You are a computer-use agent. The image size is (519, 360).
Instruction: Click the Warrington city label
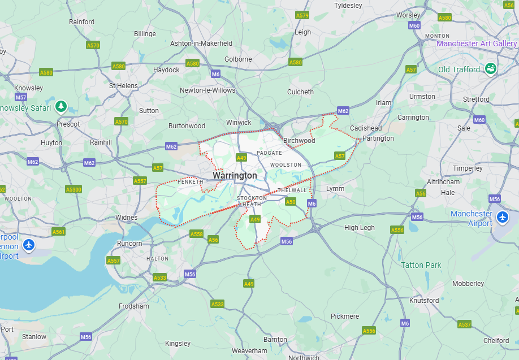point(235,176)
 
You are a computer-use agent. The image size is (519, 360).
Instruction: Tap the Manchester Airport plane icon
point(502,218)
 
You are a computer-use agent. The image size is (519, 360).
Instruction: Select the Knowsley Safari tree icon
point(61,106)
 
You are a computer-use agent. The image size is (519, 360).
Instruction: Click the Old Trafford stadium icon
point(491,69)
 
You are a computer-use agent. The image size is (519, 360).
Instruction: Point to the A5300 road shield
point(73,189)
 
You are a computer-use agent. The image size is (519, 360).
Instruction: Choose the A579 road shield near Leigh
point(302,15)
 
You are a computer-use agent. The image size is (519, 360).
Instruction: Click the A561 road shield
point(58,232)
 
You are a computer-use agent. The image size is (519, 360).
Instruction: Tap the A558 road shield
point(196,234)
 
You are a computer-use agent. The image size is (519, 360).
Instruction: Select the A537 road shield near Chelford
point(464,324)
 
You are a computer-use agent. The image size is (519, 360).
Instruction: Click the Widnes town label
point(126,218)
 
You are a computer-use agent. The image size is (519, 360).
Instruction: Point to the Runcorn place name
point(129,244)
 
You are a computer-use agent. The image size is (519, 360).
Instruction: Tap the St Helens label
point(123,86)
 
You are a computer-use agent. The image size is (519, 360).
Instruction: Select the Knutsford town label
point(423,301)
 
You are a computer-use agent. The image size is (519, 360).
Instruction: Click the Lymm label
point(335,189)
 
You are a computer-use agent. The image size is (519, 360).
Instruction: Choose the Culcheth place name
point(300,92)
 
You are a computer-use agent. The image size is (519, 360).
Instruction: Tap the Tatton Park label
point(421,265)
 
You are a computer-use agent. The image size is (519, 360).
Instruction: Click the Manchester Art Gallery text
point(477,44)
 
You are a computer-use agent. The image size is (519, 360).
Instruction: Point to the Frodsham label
point(134,306)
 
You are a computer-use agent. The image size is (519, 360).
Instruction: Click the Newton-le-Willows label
point(207,90)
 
